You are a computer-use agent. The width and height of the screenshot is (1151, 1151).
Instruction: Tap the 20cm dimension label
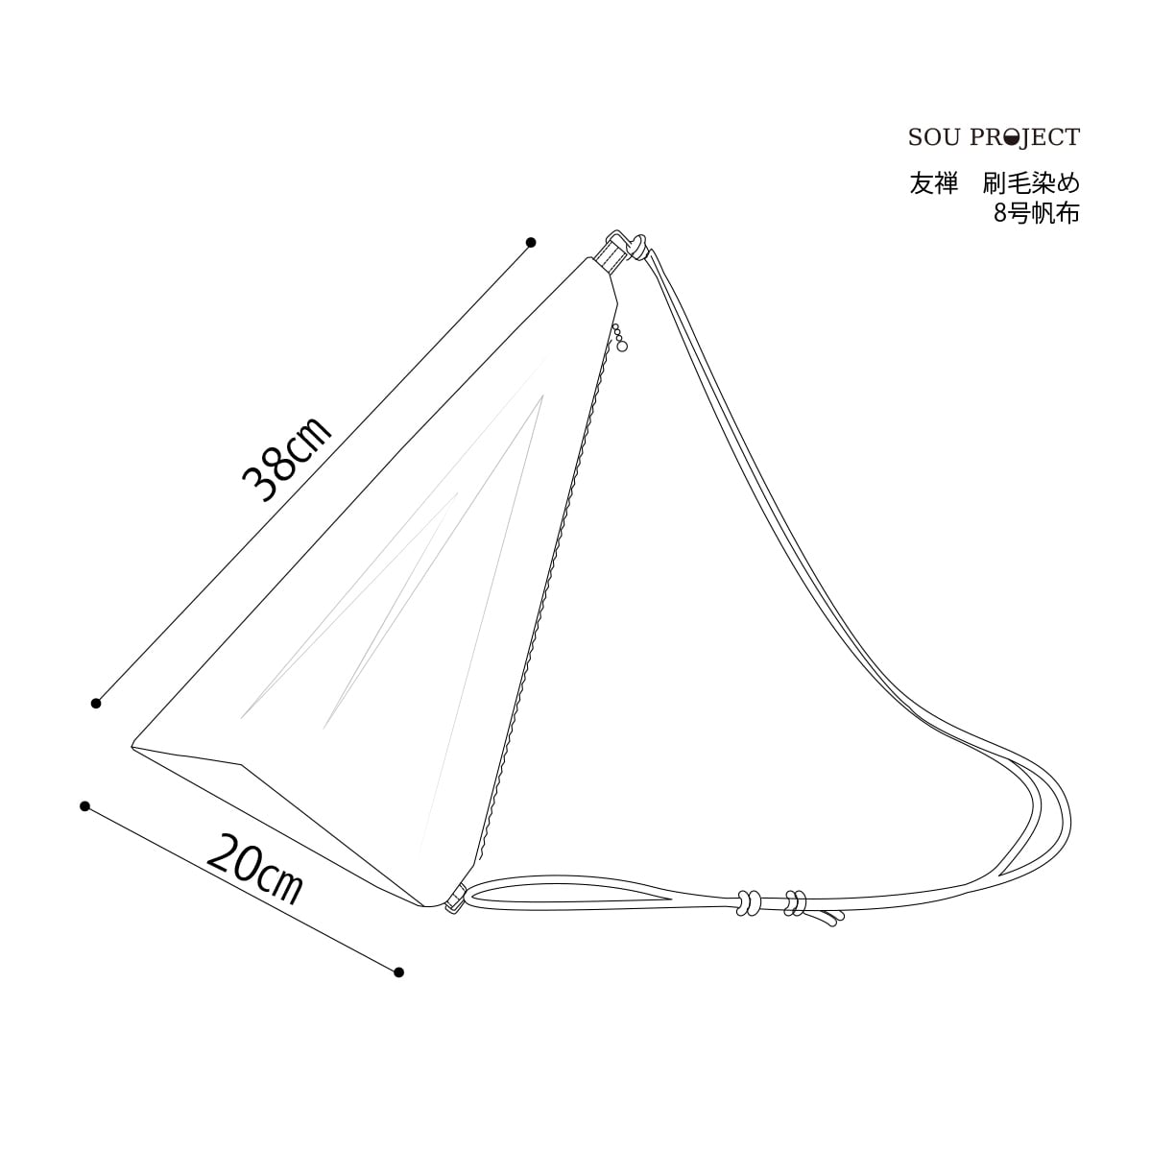(x=253, y=870)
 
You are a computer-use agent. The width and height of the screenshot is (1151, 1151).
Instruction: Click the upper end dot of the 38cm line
(x=531, y=242)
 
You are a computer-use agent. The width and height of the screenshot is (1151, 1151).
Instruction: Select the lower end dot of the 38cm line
(x=96, y=704)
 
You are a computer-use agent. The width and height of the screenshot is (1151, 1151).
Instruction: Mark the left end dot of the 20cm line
(x=84, y=805)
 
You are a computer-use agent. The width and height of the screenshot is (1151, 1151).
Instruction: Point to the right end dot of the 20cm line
(x=398, y=971)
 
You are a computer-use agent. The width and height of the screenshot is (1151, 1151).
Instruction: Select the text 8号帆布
(x=1037, y=213)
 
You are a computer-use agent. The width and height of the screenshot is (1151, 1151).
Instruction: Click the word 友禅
(x=934, y=184)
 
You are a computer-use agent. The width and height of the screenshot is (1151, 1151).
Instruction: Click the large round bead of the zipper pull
(x=623, y=348)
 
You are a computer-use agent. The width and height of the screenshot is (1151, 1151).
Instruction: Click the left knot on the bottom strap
(x=748, y=901)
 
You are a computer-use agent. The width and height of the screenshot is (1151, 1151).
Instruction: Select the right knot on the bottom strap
(x=794, y=902)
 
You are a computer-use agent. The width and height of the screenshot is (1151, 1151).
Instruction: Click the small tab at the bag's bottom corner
(x=455, y=899)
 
